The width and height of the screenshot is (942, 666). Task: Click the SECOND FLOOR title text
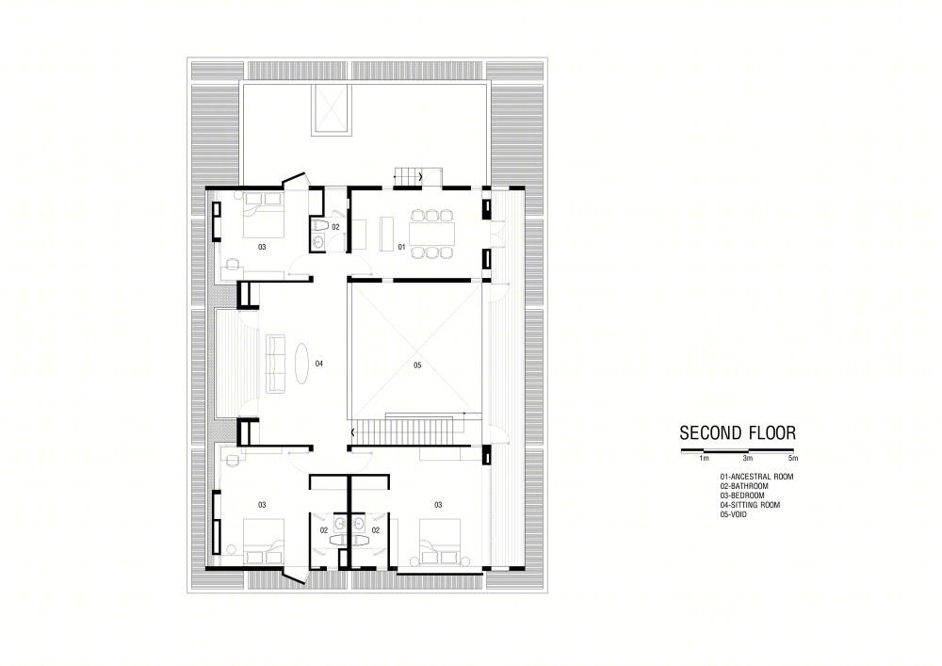tap(738, 433)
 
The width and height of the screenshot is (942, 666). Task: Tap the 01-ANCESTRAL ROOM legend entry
tap(757, 477)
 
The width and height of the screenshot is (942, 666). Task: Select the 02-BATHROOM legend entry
tap(744, 486)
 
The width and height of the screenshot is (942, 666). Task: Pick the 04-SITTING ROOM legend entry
tap(751, 505)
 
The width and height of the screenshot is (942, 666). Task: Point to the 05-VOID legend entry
tap(734, 514)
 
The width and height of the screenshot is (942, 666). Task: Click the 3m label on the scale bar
tap(747, 458)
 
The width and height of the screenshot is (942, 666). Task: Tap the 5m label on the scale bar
tap(793, 458)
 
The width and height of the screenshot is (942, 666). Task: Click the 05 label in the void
tap(417, 365)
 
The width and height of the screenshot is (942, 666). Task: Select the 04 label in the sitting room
tap(319, 364)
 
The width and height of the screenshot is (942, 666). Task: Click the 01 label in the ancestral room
tap(401, 247)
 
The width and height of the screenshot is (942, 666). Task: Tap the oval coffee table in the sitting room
tap(301, 363)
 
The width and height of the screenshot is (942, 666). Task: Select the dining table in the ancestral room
tap(432, 235)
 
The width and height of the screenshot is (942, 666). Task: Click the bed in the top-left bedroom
tap(263, 215)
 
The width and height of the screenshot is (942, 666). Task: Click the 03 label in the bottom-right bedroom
tap(438, 505)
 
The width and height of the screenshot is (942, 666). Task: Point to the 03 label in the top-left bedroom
tap(262, 247)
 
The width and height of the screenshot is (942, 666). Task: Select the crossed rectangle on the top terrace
tap(330, 109)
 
